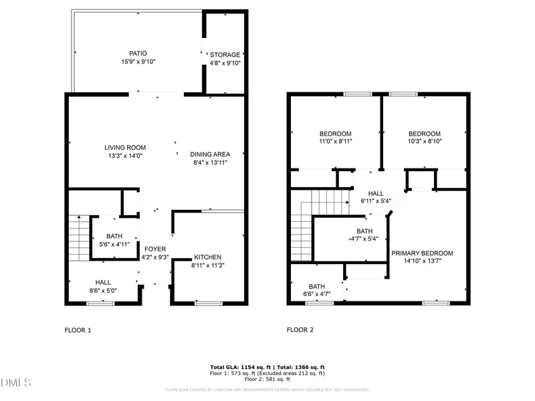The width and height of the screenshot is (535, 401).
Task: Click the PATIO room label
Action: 138,53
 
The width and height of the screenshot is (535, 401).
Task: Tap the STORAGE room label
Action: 225,55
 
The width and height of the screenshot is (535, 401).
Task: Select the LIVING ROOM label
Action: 125,148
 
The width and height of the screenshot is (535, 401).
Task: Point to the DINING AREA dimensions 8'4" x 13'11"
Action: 210,162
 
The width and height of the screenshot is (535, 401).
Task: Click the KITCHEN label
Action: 207,257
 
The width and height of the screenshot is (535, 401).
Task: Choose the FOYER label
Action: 155,249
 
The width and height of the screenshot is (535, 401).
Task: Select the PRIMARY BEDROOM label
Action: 422,253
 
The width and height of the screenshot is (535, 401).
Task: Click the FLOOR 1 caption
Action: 78,329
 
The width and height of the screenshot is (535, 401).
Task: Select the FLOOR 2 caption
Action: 300,329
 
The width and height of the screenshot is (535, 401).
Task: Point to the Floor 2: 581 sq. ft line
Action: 267,379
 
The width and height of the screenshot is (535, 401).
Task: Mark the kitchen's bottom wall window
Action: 209,303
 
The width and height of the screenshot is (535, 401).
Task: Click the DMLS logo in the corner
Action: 16,383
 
